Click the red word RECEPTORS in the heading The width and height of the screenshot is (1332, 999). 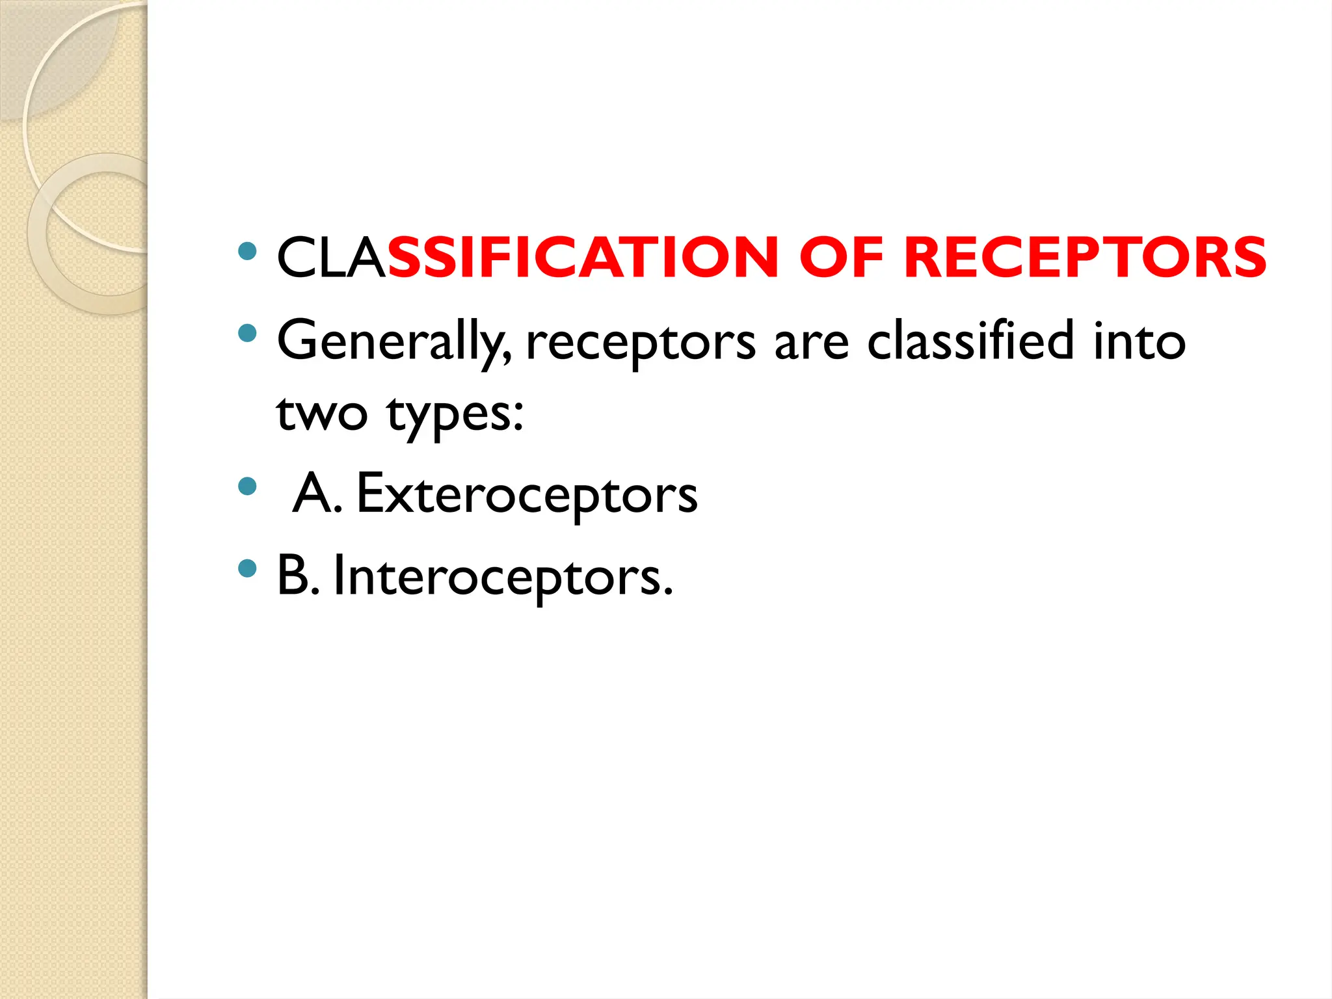1085,258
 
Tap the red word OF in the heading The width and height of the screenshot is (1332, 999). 841,258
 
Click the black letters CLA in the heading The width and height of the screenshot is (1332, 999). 331,258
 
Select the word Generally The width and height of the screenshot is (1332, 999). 393,342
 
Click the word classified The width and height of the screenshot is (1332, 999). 970,341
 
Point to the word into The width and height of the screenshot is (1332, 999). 1139,341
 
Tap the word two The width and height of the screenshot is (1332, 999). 321,414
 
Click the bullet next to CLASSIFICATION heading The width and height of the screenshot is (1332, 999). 247,251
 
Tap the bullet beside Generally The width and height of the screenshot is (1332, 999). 247,334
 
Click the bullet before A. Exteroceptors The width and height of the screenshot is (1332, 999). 247,486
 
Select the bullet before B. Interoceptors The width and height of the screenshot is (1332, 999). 247,568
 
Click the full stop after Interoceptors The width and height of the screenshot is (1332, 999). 668,592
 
